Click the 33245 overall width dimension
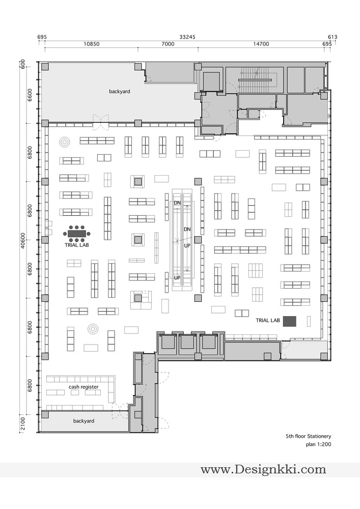[x=187, y=37]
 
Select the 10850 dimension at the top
[x=92, y=44]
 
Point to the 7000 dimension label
[x=168, y=44]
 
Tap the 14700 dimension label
[x=261, y=44]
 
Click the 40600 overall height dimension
[x=23, y=240]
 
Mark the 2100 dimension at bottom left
[x=23, y=423]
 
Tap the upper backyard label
[x=120, y=92]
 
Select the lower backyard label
[x=84, y=421]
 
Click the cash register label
[x=84, y=387]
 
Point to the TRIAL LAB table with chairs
[x=76, y=234]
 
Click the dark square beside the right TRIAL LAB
[x=290, y=321]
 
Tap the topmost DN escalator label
[x=177, y=203]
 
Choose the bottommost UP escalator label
[x=177, y=278]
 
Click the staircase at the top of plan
[x=255, y=79]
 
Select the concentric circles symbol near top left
[x=65, y=142]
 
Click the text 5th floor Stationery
[x=309, y=436]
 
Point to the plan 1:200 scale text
[x=318, y=444]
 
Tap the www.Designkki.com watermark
[x=263, y=469]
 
